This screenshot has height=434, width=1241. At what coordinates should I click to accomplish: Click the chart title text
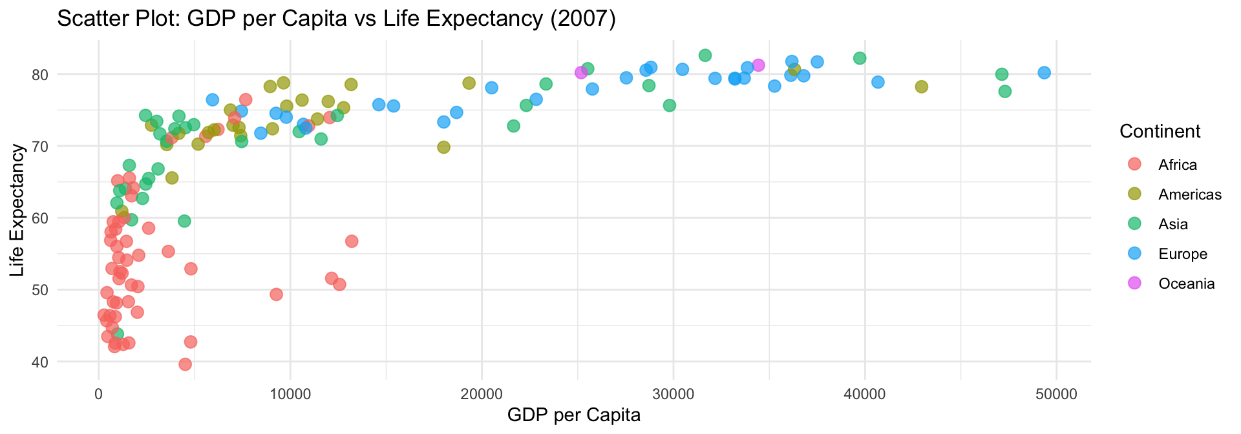(x=336, y=19)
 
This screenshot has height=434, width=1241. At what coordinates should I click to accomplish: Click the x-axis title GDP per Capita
(x=574, y=415)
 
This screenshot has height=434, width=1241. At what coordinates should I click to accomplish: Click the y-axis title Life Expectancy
(x=17, y=210)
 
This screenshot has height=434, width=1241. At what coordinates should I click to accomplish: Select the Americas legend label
(x=1190, y=194)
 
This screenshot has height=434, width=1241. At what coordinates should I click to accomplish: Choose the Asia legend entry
(x=1173, y=224)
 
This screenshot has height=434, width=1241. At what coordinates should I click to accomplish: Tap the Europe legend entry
(x=1183, y=254)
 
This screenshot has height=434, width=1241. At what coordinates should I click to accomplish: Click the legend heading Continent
(x=1160, y=131)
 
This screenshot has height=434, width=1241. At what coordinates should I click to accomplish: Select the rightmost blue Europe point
(x=1044, y=72)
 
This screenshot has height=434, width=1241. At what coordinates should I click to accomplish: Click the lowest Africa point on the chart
(x=185, y=364)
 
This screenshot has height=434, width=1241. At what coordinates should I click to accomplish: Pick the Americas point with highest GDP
(x=922, y=87)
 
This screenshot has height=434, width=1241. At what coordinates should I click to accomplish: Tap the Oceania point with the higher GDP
(x=759, y=65)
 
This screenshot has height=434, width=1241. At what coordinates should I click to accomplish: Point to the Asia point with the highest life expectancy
(x=705, y=56)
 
